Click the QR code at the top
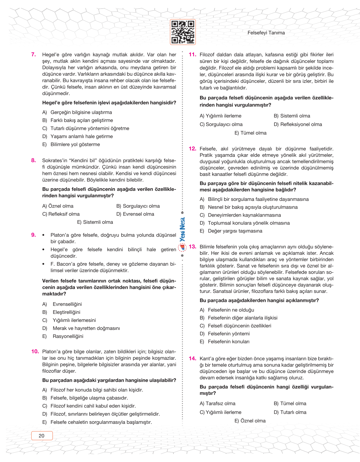183,32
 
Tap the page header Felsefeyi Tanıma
266,33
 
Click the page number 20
42,436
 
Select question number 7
34,54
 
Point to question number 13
193,246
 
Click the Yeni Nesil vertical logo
182,229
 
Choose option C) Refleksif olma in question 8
61,214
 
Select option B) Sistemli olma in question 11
292,116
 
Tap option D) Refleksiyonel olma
298,124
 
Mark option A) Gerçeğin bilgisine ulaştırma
77,112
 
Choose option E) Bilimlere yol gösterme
71,145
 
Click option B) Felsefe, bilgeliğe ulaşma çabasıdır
85,398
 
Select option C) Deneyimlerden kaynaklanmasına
240,215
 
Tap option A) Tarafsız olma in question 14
217,403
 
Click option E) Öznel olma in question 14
250,421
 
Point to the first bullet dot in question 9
43,235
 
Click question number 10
35,351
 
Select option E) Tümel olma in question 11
250,133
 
